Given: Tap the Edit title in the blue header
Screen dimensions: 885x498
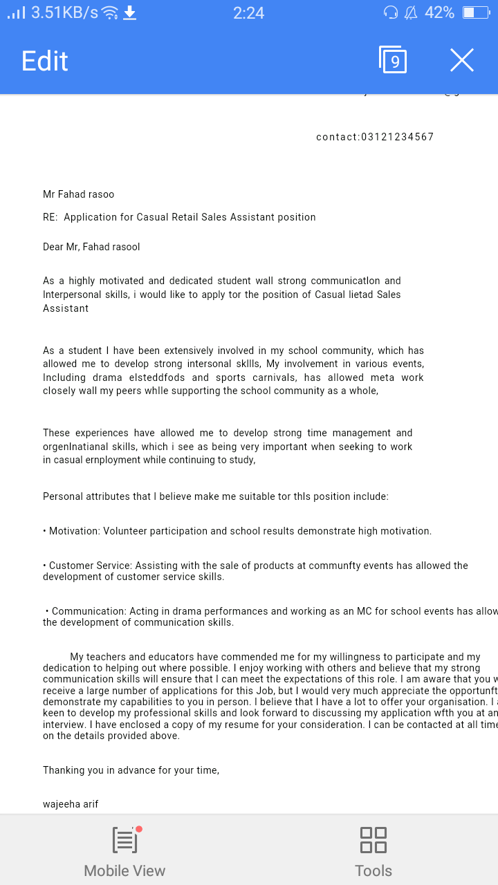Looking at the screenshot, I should coord(45,61).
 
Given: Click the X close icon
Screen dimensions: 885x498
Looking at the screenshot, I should coord(462,61).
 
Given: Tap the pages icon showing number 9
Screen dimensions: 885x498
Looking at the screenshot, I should coord(393,60).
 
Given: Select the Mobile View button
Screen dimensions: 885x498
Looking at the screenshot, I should coord(124,850).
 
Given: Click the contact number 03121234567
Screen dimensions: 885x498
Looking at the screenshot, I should coord(398,137).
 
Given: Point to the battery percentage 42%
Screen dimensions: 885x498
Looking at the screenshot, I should coord(439,12).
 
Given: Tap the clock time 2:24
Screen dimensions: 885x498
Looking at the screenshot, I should coord(248,12).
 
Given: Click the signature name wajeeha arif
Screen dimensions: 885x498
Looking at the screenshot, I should coord(71,804).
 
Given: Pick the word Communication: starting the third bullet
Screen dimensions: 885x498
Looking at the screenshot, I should coord(89,611).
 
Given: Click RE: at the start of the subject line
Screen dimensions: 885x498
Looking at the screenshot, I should coord(50,217).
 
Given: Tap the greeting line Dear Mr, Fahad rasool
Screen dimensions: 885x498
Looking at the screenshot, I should coord(91,247).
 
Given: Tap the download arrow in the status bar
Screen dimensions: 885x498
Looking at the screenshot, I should coord(129,12).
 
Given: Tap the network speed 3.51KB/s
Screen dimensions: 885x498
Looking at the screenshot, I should coord(65,12).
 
